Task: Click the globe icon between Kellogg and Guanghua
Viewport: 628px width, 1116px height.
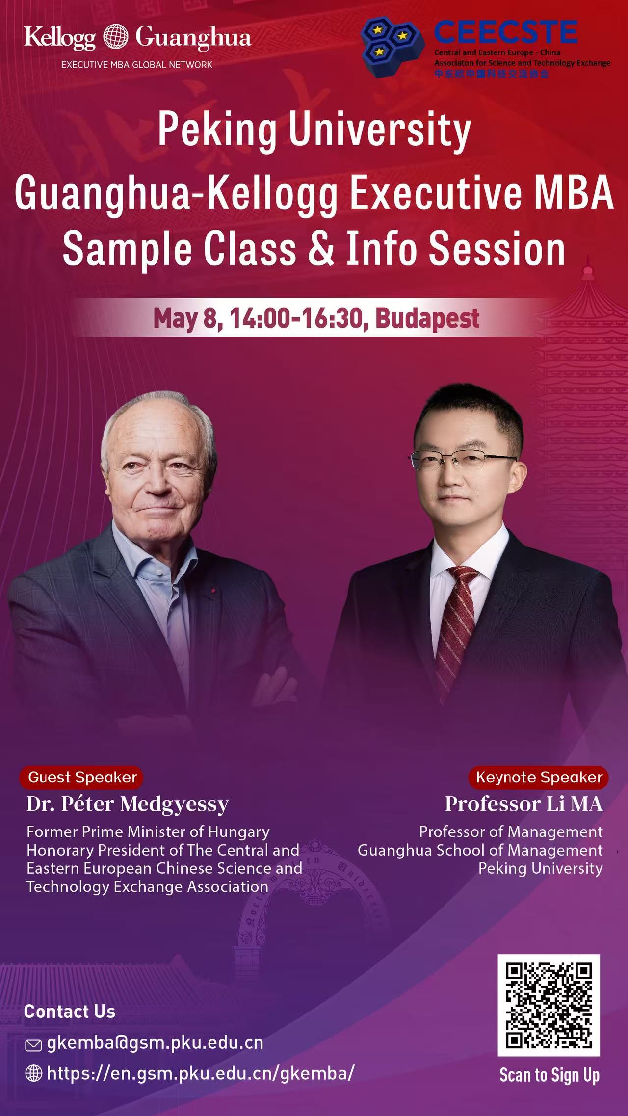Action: pyautogui.click(x=116, y=37)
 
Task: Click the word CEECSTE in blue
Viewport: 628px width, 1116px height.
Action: pyautogui.click(x=505, y=32)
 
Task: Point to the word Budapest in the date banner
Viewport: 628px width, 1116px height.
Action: pyautogui.click(x=427, y=319)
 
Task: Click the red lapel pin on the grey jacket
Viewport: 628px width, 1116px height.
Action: pyautogui.click(x=213, y=591)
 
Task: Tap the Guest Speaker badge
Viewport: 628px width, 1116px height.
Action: pyautogui.click(x=81, y=778)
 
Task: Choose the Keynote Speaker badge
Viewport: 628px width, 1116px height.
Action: pyautogui.click(x=538, y=778)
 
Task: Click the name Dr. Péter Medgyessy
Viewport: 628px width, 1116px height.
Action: pyautogui.click(x=128, y=805)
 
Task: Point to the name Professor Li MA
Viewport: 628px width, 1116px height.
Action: pyautogui.click(x=524, y=805)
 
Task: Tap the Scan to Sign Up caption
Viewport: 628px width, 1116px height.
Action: pyautogui.click(x=549, y=1075)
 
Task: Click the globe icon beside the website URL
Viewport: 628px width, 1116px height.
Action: pyautogui.click(x=33, y=1074)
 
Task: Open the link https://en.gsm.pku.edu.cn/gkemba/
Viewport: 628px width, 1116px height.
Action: pyautogui.click(x=201, y=1074)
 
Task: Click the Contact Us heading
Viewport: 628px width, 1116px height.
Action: pyautogui.click(x=70, y=1011)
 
